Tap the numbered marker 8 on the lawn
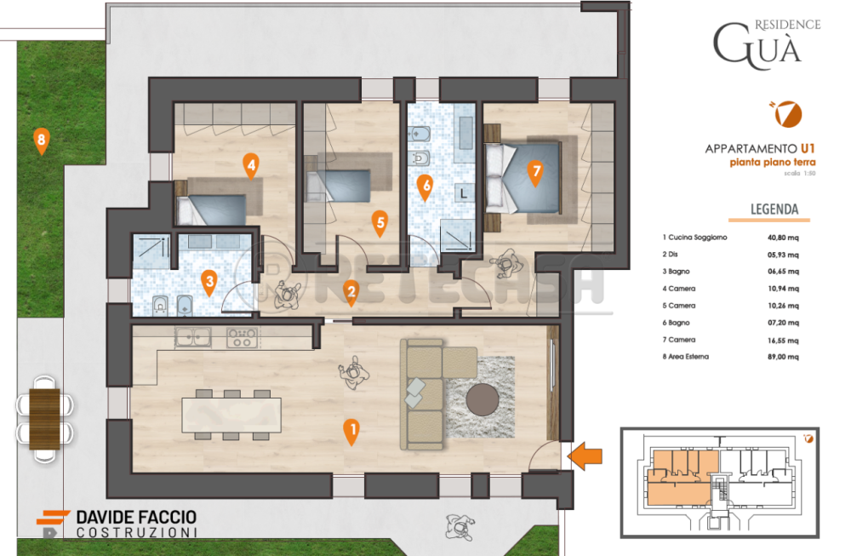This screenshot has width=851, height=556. (x=41, y=141)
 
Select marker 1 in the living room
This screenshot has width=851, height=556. (x=351, y=433)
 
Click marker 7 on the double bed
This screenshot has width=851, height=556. (x=535, y=173)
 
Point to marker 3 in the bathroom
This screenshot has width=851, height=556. (x=209, y=283)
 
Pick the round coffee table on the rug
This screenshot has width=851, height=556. (x=483, y=399)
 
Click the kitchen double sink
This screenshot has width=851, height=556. (x=192, y=337)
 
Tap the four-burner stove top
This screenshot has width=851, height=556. (x=242, y=337)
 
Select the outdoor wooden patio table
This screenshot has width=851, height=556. (x=44, y=419)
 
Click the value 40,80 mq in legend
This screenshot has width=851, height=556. (x=783, y=238)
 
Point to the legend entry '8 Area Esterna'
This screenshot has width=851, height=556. (x=685, y=357)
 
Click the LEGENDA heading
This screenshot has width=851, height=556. (x=774, y=209)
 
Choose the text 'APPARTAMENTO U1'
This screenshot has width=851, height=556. (x=760, y=149)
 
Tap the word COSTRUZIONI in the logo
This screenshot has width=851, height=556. (x=137, y=533)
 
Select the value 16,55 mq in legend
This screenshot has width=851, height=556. (x=783, y=341)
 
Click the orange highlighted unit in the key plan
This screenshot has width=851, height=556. (x=683, y=478)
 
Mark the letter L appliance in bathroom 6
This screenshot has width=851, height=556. (x=464, y=193)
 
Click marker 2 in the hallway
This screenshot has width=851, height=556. (x=351, y=293)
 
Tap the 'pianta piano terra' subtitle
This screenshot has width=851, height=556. (x=773, y=163)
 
